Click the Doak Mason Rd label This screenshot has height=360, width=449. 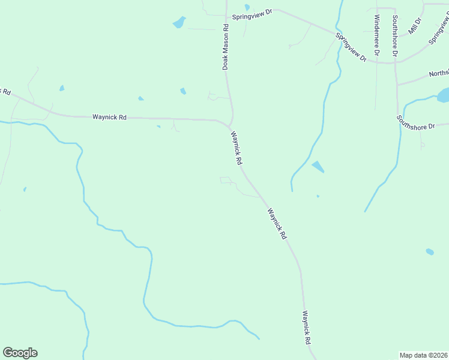[x=226, y=47]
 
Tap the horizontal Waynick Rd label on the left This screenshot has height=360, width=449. [x=109, y=118]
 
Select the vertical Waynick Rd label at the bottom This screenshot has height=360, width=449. [x=307, y=327]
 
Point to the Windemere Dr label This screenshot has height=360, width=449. [x=376, y=35]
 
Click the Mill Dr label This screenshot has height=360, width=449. [x=415, y=26]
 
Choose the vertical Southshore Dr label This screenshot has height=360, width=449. [x=394, y=37]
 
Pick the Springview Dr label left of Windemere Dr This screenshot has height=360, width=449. [x=351, y=47]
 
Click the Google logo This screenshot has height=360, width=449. [x=20, y=353]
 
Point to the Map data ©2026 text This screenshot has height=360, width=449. [x=423, y=355]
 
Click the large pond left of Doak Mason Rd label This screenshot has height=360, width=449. [x=179, y=23]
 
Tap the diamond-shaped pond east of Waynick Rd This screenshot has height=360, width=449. [x=318, y=167]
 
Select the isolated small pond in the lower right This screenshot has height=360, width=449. [x=430, y=251]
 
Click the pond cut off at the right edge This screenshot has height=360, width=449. [x=443, y=95]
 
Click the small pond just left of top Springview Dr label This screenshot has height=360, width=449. [x=247, y=7]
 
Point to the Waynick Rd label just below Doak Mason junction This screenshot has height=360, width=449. [x=237, y=149]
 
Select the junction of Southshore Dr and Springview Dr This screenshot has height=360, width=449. [x=396, y=61]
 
